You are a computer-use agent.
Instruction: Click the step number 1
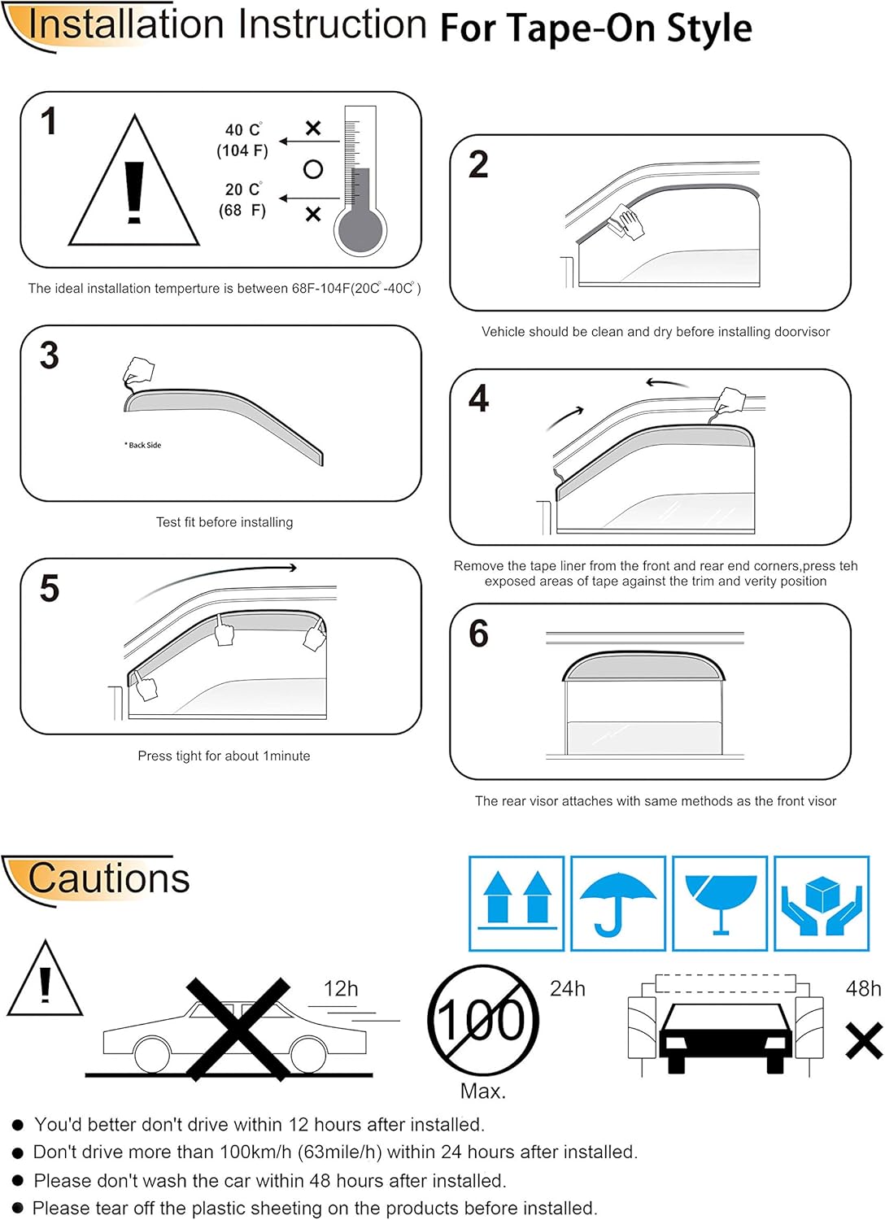coord(49,122)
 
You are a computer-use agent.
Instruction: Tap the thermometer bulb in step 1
coord(360,231)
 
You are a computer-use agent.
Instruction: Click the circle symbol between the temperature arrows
coord(313,169)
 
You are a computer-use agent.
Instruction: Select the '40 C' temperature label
coord(243,130)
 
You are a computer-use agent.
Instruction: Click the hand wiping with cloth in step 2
coord(626,221)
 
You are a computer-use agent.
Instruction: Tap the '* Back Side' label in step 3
coord(143,445)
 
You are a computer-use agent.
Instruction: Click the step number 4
coord(478,399)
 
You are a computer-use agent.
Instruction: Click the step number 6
coord(478,634)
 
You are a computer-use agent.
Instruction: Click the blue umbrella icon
coord(618,903)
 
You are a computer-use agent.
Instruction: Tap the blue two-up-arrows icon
coord(517,903)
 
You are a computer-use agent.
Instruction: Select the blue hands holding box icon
coord(822,903)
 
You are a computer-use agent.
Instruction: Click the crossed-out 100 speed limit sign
coord(483,1020)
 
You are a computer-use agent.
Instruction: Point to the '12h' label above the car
coord(341,989)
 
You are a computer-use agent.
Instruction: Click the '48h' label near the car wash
coord(863,989)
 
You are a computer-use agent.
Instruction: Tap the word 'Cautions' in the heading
coord(108,878)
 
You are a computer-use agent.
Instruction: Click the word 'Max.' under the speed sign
coord(483,1091)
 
